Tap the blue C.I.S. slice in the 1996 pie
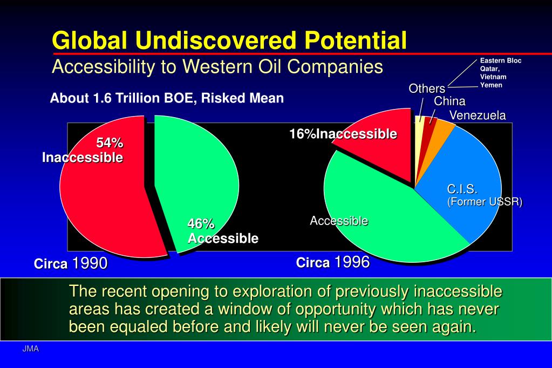tap(461, 176)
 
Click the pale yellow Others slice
tap(419, 134)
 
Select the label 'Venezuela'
tap(478, 115)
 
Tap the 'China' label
tap(449, 101)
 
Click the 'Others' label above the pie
tap(427, 88)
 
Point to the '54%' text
tap(110, 142)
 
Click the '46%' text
tap(201, 223)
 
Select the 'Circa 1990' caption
tap(71, 263)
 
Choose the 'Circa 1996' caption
tap(333, 262)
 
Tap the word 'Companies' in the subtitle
tap(335, 66)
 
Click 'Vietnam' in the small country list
tap(493, 77)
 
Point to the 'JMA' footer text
tap(31, 349)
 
